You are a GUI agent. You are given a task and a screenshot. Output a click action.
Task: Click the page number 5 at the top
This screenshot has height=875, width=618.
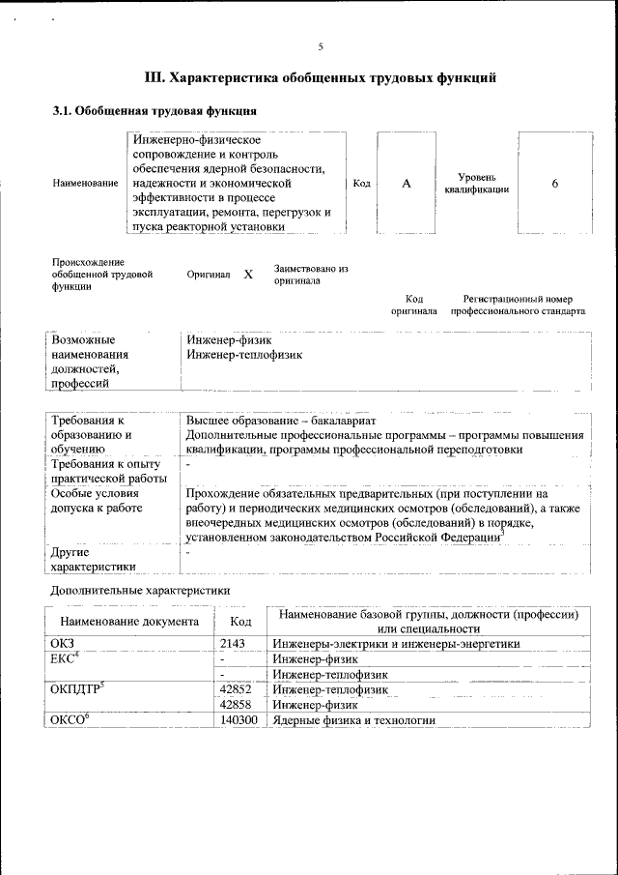point(321,46)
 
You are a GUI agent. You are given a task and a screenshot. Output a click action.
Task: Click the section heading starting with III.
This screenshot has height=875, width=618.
point(321,76)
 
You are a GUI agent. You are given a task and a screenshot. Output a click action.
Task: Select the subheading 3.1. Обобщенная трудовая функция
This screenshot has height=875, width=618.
point(154,111)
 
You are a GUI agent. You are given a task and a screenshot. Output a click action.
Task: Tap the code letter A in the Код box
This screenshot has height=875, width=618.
point(407,184)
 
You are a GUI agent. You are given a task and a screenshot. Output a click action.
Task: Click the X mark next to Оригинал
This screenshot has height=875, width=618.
point(248,275)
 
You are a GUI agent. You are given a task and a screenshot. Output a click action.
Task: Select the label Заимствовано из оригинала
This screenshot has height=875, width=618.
point(310,274)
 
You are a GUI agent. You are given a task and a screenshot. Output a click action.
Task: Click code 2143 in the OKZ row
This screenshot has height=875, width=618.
point(235,643)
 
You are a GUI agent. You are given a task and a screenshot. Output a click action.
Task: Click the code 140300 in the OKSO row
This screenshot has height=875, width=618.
point(239,720)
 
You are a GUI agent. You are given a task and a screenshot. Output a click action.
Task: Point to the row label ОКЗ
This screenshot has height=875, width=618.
point(62,643)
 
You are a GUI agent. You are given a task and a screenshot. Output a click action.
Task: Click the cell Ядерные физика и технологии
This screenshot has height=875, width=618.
point(353,720)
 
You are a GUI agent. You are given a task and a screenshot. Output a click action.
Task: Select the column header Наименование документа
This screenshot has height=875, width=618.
point(129,622)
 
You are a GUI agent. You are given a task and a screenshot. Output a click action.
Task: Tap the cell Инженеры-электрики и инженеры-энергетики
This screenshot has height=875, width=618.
point(396,643)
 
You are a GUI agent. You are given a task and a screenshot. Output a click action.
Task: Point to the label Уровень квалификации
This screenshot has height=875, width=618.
point(477,184)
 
